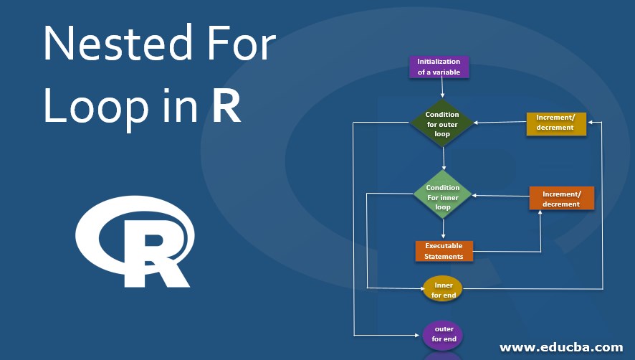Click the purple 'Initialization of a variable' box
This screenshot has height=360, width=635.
439,67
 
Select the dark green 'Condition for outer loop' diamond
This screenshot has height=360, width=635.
442,123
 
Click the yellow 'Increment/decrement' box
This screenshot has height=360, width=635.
556,123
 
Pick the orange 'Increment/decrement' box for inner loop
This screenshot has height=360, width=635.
561,199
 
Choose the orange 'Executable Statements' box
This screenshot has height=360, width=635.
444,251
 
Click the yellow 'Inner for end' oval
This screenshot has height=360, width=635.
443,290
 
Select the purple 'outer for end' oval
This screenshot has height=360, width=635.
444,334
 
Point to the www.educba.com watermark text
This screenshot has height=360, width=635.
561,347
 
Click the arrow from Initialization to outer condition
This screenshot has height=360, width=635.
441,87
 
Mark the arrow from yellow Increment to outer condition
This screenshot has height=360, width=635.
500,123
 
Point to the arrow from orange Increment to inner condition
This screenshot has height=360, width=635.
500,195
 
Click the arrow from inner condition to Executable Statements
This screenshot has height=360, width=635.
444,228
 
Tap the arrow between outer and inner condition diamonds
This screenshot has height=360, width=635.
444,158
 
